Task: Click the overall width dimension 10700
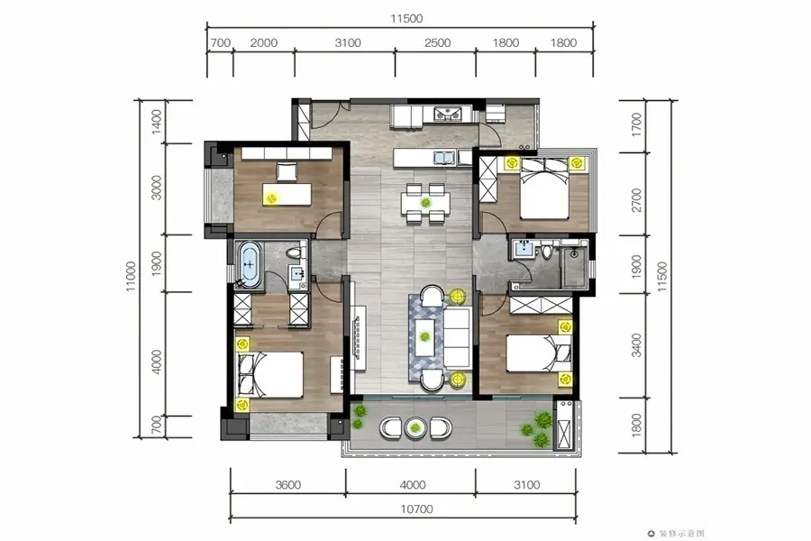(x=416, y=509)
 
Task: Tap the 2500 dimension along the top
(x=438, y=43)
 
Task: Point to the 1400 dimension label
(x=157, y=122)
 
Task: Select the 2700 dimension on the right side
(x=637, y=200)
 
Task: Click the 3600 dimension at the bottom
(x=288, y=485)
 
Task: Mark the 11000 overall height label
(x=131, y=276)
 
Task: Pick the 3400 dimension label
(x=637, y=345)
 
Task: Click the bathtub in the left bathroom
(x=250, y=264)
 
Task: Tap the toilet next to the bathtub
(x=296, y=253)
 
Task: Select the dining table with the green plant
(x=425, y=202)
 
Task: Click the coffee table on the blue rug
(x=425, y=337)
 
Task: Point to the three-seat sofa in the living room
(x=457, y=338)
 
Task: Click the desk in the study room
(x=287, y=194)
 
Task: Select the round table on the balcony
(x=415, y=427)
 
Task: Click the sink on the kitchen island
(x=443, y=158)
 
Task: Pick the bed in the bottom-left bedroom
(x=269, y=375)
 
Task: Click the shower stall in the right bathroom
(x=574, y=267)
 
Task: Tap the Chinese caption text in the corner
(x=681, y=533)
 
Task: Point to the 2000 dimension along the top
(x=264, y=43)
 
